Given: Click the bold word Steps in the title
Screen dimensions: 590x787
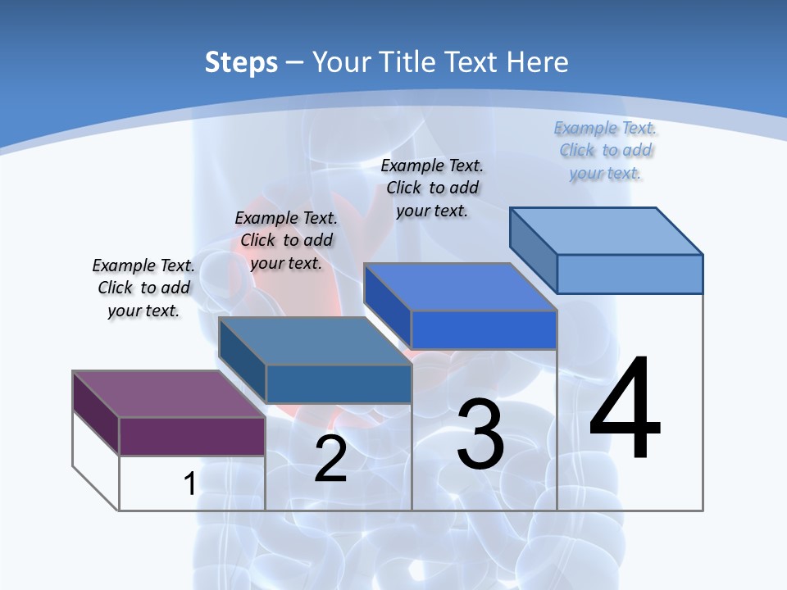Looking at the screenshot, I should click(241, 62).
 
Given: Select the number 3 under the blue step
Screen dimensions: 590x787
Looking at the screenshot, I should click(480, 434).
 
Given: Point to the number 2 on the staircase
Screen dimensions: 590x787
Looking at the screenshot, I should click(330, 459).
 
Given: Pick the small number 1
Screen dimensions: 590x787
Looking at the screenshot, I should click(189, 483).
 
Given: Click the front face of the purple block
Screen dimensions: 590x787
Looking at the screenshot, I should click(192, 436).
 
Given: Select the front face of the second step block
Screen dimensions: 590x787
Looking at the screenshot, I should click(339, 383).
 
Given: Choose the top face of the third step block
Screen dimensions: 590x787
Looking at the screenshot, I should click(460, 287).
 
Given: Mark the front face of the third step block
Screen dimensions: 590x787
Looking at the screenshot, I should click(484, 329).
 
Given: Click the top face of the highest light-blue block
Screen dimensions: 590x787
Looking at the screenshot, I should click(607, 230).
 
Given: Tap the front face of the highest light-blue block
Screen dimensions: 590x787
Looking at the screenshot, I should click(630, 274).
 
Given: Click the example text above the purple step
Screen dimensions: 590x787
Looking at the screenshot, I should click(143, 288).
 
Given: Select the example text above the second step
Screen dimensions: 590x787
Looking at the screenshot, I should click(286, 240).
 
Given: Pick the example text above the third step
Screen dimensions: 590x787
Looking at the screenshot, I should click(432, 188).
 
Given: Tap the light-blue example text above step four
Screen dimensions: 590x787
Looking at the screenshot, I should click(606, 150).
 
